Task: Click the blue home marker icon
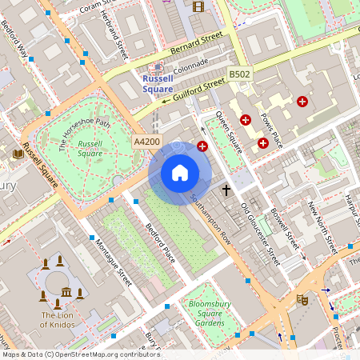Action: [x=180, y=173]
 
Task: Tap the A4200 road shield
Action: [x=146, y=142]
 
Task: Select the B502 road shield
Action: [x=239, y=74]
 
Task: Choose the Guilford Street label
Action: [x=192, y=90]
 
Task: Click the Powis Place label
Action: [x=272, y=129]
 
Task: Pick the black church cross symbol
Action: [x=226, y=190]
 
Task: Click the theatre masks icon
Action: [x=302, y=299]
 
